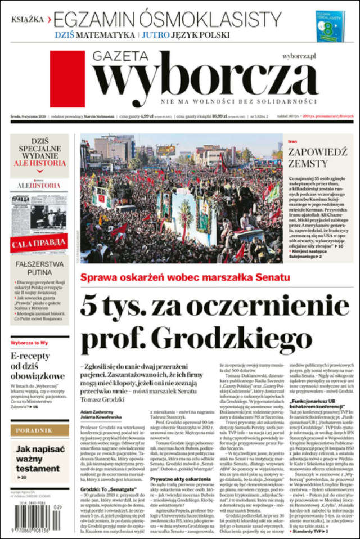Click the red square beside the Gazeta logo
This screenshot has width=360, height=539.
(67, 79)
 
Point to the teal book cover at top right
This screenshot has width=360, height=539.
(330, 25)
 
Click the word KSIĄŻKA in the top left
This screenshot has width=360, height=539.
(28, 19)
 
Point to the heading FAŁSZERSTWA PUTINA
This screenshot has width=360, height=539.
(39, 268)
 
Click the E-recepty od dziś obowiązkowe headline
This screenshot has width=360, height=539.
(37, 366)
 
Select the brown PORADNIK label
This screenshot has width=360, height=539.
(39, 430)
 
